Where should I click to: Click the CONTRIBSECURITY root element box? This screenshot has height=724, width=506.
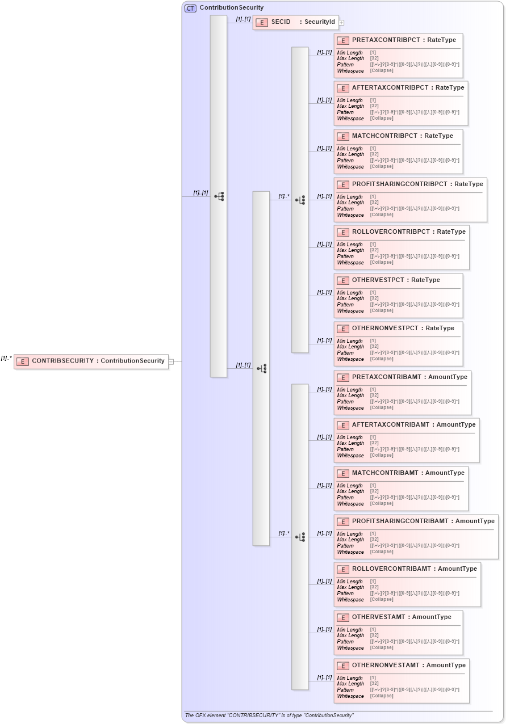pyautogui.click(x=91, y=361)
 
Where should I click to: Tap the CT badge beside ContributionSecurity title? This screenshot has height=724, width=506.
pyautogui.click(x=191, y=8)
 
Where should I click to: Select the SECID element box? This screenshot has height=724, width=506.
pyautogui.click(x=295, y=22)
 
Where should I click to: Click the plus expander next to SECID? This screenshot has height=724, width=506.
pyautogui.click(x=342, y=23)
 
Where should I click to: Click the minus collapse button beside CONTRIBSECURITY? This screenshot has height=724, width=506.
pyautogui.click(x=171, y=361)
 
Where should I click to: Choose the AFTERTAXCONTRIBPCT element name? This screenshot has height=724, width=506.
pyautogui.click(x=390, y=88)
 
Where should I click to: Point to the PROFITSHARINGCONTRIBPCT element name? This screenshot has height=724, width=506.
pyautogui.click(x=399, y=184)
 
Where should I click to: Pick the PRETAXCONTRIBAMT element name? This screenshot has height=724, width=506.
pyautogui.click(x=387, y=377)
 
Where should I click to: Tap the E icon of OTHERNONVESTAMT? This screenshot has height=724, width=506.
pyautogui.click(x=342, y=666)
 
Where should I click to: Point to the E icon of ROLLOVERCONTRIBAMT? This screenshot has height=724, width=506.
pyautogui.click(x=342, y=569)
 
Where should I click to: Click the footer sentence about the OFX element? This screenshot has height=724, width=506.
pyautogui.click(x=269, y=715)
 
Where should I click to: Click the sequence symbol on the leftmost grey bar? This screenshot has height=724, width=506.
pyautogui.click(x=219, y=196)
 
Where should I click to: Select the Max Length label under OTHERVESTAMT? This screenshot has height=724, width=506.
pyautogui.click(x=350, y=635)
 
